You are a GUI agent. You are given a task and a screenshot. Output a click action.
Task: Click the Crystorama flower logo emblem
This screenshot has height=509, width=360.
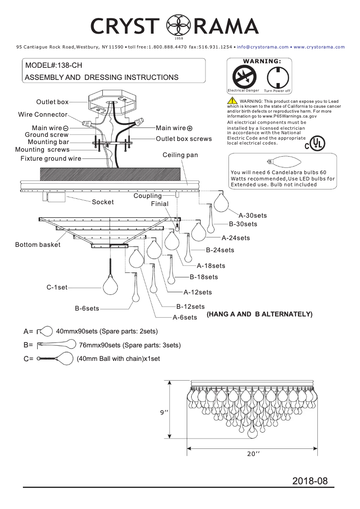click(176, 26)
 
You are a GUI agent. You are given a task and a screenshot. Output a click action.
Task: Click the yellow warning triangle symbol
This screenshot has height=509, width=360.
click(232, 101)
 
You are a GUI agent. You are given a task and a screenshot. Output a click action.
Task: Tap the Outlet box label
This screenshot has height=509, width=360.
click(52, 102)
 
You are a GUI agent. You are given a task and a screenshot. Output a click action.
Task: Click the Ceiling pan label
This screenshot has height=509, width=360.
click(180, 155)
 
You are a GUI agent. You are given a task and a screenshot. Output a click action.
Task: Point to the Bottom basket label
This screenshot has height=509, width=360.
click(38, 245)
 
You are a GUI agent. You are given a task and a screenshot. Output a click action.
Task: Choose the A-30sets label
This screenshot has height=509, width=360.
click(253, 215)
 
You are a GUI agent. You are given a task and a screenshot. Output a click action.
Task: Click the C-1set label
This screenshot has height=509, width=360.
click(57, 287)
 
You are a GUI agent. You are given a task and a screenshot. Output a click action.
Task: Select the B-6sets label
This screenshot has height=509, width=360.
click(87, 308)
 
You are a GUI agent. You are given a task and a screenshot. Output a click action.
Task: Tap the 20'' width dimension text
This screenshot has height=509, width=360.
click(253, 454)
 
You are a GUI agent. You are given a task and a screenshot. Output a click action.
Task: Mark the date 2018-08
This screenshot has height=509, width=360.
click(310, 481)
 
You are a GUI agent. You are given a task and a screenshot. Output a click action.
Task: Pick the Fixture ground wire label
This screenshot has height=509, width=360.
click(51, 158)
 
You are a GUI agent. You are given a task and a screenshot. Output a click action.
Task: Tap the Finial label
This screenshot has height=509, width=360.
click(159, 204)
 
